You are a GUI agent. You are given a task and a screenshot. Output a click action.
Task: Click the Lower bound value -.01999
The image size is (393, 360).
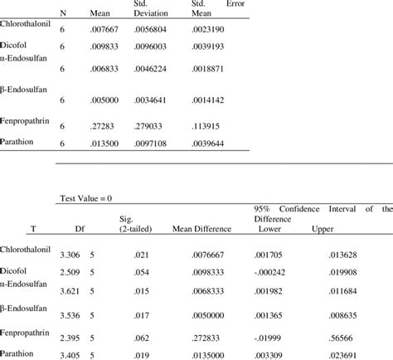(266, 338)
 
